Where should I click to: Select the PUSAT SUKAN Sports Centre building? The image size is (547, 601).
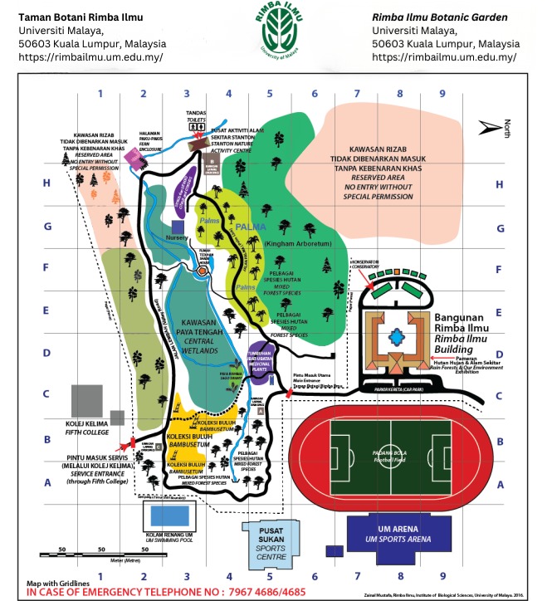267,540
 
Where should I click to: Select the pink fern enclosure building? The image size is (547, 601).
134,157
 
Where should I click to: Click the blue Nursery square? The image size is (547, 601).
178,226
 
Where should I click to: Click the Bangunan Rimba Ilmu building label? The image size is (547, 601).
464,325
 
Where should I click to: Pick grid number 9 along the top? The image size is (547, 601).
443,94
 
